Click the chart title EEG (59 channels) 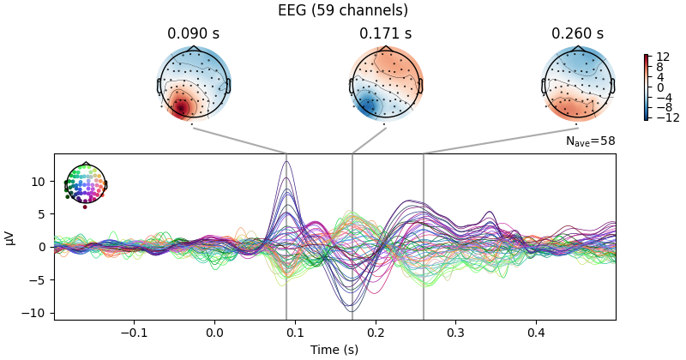tap(343, 11)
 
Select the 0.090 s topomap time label tap(193, 34)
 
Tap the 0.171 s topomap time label tap(385, 34)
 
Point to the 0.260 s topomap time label tap(577, 34)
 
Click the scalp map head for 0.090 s tap(194, 85)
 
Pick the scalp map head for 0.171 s tap(386, 85)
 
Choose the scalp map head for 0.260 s tap(578, 85)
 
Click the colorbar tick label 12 tap(662, 57)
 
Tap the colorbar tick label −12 tap(665, 117)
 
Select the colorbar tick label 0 tap(659, 87)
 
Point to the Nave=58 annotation tap(590, 141)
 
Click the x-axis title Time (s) tap(334, 349)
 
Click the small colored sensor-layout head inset tap(85, 184)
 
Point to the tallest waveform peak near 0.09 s tap(286, 162)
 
